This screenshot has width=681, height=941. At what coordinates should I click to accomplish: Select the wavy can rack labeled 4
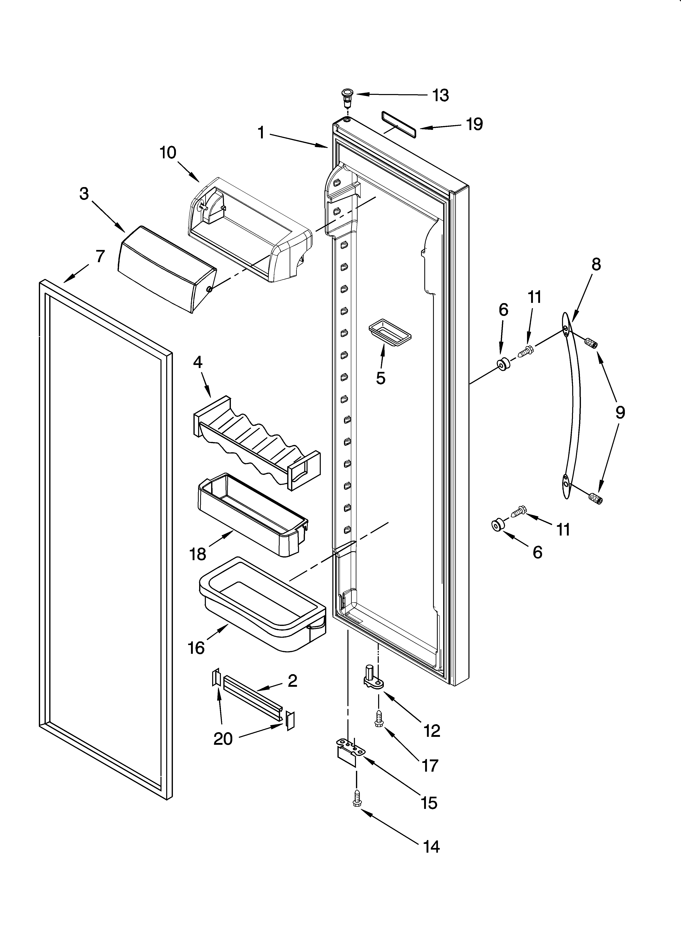pos(256,444)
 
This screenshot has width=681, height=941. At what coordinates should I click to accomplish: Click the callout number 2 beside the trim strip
pos(292,681)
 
